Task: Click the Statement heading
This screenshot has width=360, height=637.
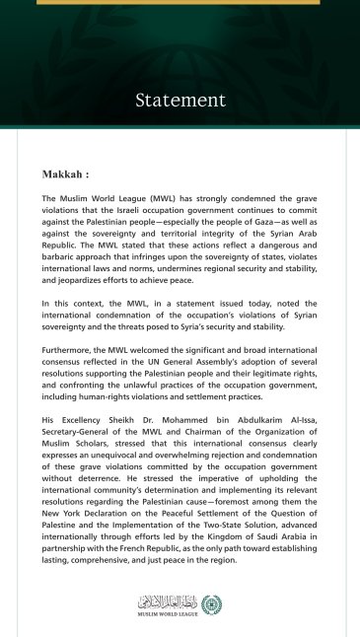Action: click(180, 101)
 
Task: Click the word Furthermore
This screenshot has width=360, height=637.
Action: click(68, 351)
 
